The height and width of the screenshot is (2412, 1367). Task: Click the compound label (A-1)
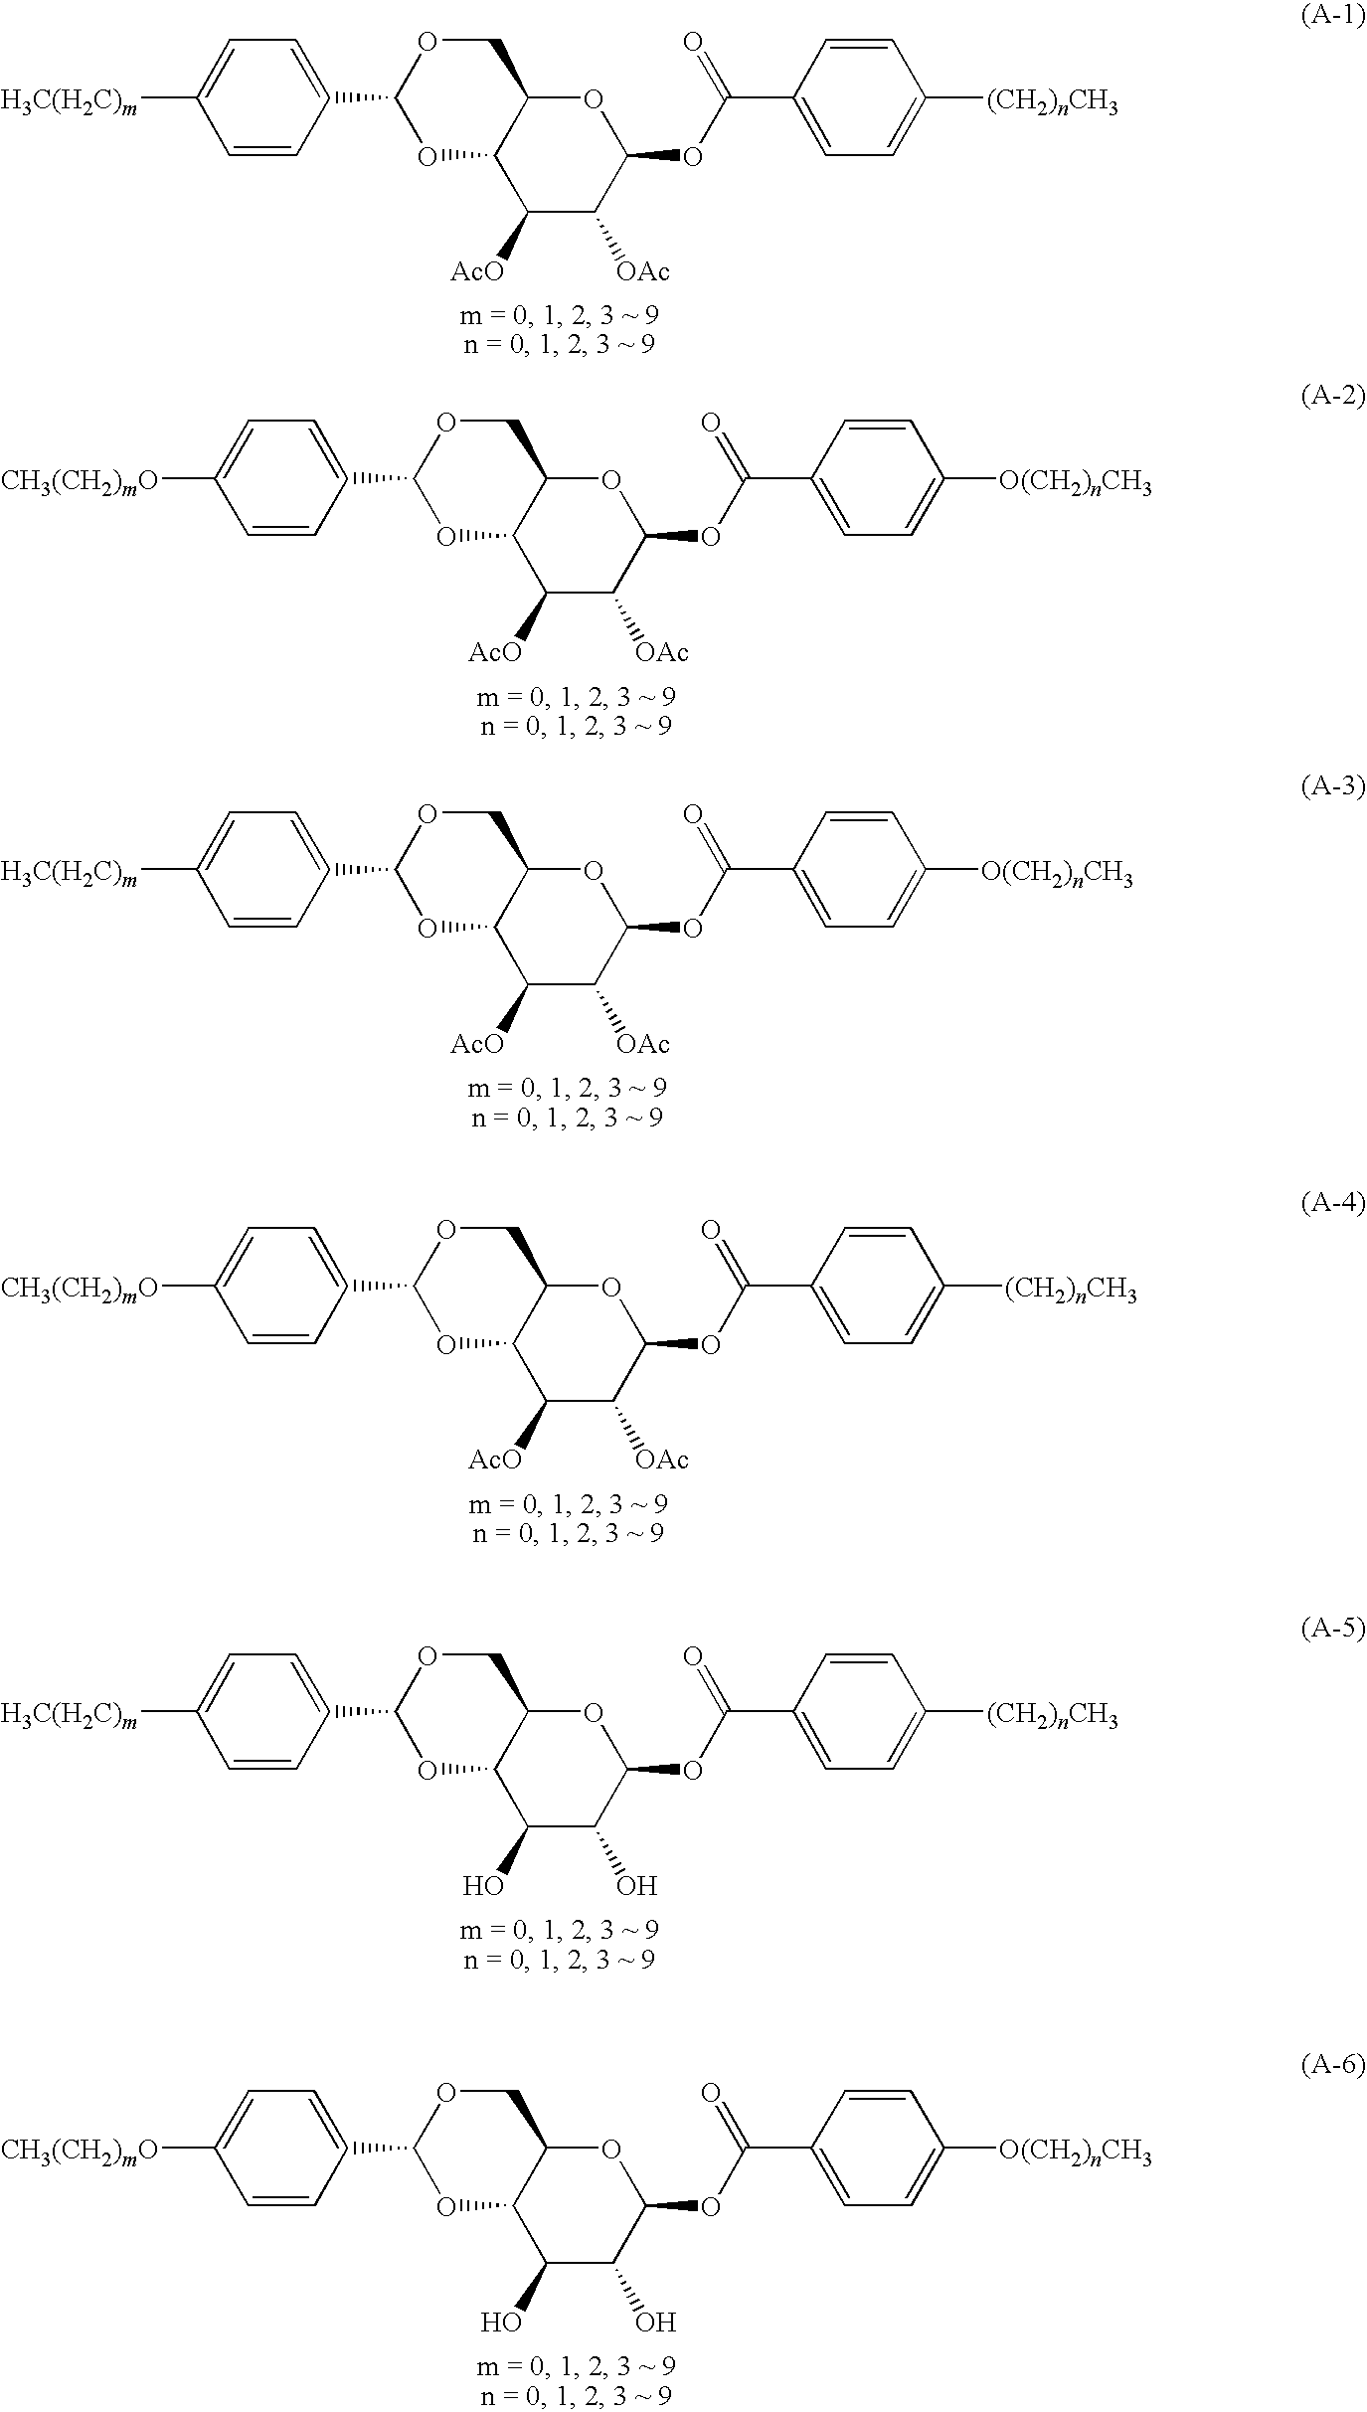coord(1333,19)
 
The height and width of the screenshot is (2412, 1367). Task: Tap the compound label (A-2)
coord(1333,397)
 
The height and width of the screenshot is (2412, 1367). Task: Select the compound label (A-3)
coord(1333,787)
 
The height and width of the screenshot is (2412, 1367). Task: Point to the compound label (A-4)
coord(1333,1203)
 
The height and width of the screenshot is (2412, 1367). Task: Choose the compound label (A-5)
coord(1333,1629)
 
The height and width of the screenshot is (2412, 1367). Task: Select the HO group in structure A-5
coord(483,1886)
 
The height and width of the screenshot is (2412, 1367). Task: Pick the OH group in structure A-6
coord(655,2323)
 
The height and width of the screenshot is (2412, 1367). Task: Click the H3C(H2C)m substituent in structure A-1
coord(70,101)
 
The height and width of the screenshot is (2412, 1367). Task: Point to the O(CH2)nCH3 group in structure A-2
coord(1075,484)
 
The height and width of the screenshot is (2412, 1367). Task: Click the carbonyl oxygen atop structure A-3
coord(693,815)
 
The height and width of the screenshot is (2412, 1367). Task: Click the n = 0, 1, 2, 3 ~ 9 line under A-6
coord(576,2395)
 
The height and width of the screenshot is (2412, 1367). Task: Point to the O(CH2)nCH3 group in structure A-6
coord(1075,2153)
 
